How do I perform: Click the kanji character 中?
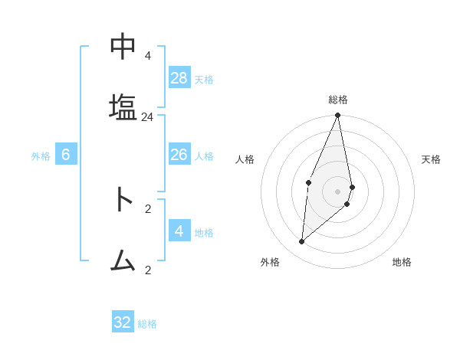[123, 47]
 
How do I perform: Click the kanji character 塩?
[123, 106]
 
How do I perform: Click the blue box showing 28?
[179, 77]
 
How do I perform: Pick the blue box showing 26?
[179, 154]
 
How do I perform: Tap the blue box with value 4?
[179, 231]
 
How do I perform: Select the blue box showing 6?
[66, 154]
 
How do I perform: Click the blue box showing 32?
[123, 322]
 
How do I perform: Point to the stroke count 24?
[148, 117]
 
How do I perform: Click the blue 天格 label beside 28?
[204, 80]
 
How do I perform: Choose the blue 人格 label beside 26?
[204, 156]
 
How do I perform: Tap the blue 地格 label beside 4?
[204, 233]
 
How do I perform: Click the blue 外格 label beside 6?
[41, 156]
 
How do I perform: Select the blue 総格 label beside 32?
[147, 324]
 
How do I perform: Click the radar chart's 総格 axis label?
[338, 100]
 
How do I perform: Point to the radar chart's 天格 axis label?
[431, 159]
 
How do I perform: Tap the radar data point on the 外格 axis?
[302, 242]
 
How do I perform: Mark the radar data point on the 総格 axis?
[338, 116]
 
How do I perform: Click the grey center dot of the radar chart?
[338, 191]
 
